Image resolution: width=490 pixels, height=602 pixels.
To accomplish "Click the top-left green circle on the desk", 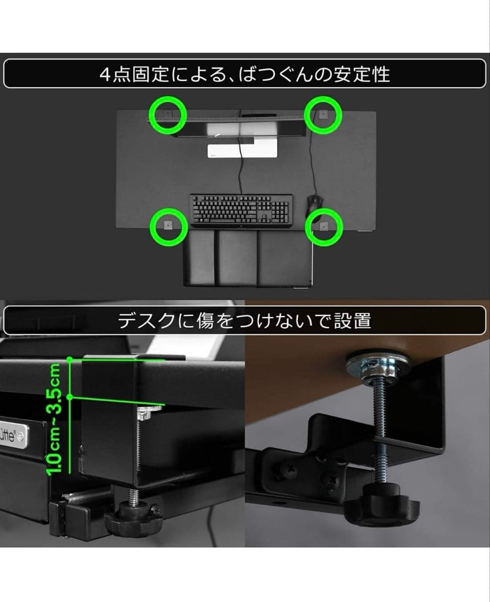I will coord(168,114).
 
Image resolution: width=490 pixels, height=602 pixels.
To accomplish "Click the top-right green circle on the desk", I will coord(323,114).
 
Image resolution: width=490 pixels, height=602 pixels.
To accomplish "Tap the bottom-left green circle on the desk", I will coord(168,226).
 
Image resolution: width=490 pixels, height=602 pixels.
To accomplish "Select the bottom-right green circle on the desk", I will coord(323,226).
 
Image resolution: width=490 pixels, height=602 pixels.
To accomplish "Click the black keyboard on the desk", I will coord(241,210).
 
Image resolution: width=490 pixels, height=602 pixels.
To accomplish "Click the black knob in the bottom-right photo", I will coord(381,508).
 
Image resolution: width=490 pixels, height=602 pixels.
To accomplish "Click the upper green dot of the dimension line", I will coord(70,360).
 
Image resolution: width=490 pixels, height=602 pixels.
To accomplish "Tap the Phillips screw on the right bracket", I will coord(332,478).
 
